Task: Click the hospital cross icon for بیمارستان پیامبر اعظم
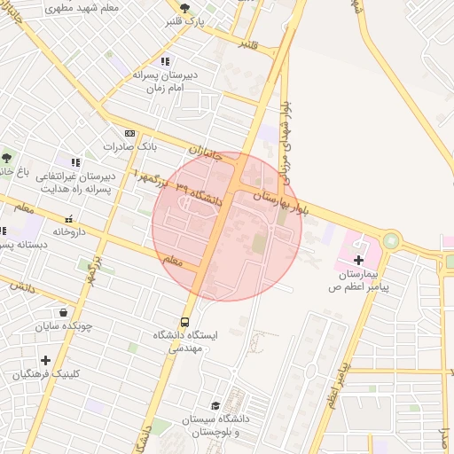point(358,260)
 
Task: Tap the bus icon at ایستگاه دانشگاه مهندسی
point(185,321)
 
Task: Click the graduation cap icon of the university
point(214,405)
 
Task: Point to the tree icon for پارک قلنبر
point(184,8)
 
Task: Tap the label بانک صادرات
point(129,145)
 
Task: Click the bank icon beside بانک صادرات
point(129,131)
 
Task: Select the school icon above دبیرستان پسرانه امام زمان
point(164,61)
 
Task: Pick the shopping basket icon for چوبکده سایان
point(63,312)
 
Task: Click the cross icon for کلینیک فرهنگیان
point(45,360)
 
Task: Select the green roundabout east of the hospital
point(392,239)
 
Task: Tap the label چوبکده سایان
point(63,327)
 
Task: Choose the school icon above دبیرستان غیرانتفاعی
point(75,162)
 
